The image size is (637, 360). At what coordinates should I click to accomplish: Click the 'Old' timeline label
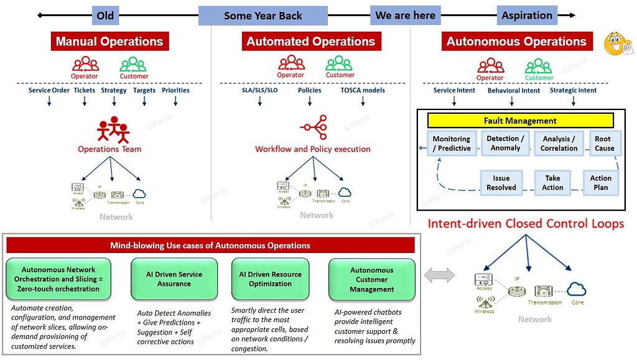point(105,16)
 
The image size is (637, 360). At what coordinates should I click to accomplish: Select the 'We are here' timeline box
point(406,16)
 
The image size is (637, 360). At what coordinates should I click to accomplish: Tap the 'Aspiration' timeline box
point(526,16)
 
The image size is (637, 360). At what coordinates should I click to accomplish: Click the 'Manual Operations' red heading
point(109,42)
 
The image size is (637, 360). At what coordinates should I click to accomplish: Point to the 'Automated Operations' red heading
point(311,42)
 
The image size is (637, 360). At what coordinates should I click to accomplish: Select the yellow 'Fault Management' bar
point(520,121)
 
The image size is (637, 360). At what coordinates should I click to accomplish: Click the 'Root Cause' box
point(604,144)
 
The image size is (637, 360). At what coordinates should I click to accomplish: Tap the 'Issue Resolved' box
point(501,183)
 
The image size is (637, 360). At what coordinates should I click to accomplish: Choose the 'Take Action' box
point(552,183)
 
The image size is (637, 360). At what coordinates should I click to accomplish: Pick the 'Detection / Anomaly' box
point(505,144)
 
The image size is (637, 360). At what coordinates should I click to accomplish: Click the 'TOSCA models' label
point(363,90)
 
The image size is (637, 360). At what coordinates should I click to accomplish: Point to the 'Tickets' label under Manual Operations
point(85,90)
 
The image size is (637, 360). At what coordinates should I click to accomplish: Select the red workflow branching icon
point(314,128)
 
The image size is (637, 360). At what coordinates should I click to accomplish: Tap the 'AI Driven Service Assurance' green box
point(174,279)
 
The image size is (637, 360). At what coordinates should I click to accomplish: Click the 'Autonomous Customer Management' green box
point(372,280)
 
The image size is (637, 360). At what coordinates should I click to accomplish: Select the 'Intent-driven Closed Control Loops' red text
point(526,224)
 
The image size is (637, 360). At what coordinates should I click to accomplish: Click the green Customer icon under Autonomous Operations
point(539,67)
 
